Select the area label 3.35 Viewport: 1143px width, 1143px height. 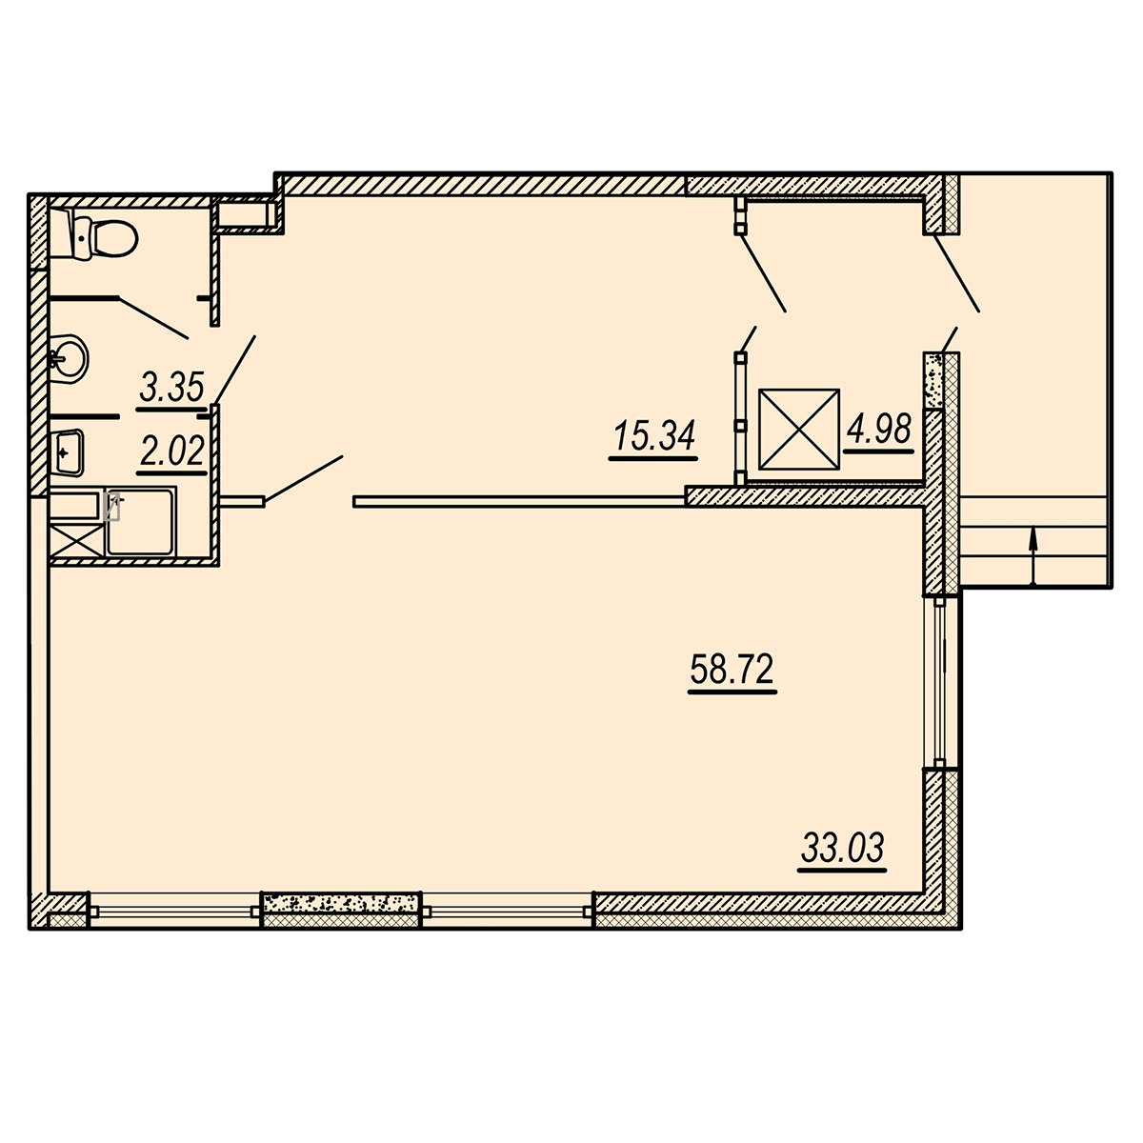tap(172, 388)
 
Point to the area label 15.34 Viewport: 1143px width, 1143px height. tap(654, 436)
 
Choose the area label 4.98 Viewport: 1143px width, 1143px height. tap(878, 429)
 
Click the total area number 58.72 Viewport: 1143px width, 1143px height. tap(732, 670)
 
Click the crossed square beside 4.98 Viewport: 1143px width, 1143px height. tap(799, 430)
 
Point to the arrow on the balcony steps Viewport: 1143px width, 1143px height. tap(1033, 558)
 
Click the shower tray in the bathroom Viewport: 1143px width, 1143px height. tap(141, 521)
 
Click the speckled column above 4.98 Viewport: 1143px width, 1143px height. tap(933, 380)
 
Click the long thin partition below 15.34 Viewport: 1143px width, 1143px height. tap(519, 502)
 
